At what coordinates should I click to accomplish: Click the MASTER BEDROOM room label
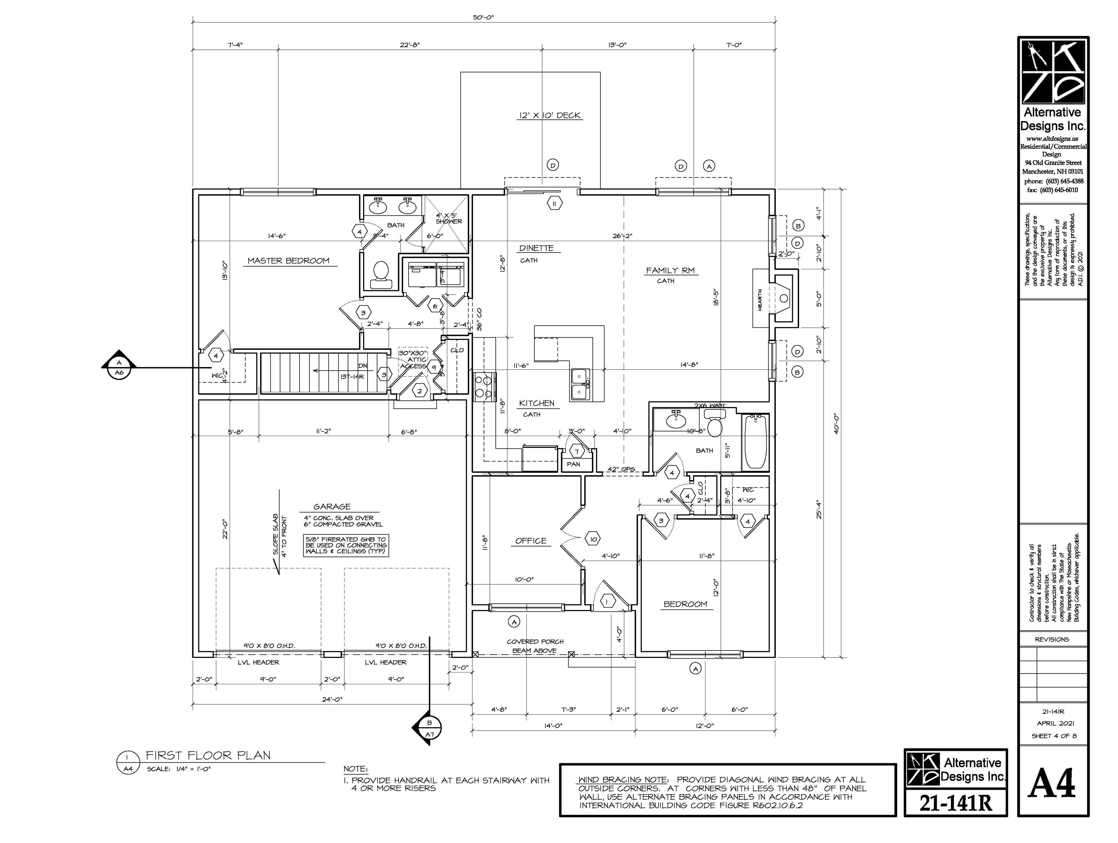(288, 261)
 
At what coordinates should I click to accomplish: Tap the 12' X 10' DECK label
(549, 116)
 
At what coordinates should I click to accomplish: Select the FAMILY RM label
(670, 270)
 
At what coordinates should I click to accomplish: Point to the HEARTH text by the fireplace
(760, 300)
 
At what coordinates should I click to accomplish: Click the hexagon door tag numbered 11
(555, 203)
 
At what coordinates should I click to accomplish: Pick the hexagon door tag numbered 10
(593, 539)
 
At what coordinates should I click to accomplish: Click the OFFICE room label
(531, 541)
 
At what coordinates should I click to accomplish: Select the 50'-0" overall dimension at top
(483, 18)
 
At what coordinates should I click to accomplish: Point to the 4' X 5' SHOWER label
(448, 218)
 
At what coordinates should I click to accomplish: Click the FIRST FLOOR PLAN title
(208, 756)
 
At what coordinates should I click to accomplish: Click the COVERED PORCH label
(535, 641)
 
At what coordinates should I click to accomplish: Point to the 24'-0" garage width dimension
(332, 700)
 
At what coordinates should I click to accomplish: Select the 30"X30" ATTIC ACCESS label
(413, 360)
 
